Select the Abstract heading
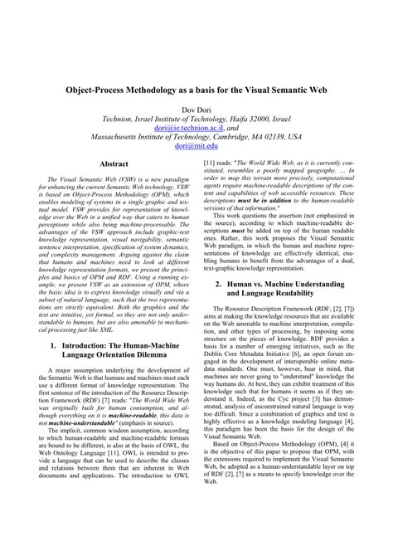point(114,165)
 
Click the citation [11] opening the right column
point(210,165)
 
